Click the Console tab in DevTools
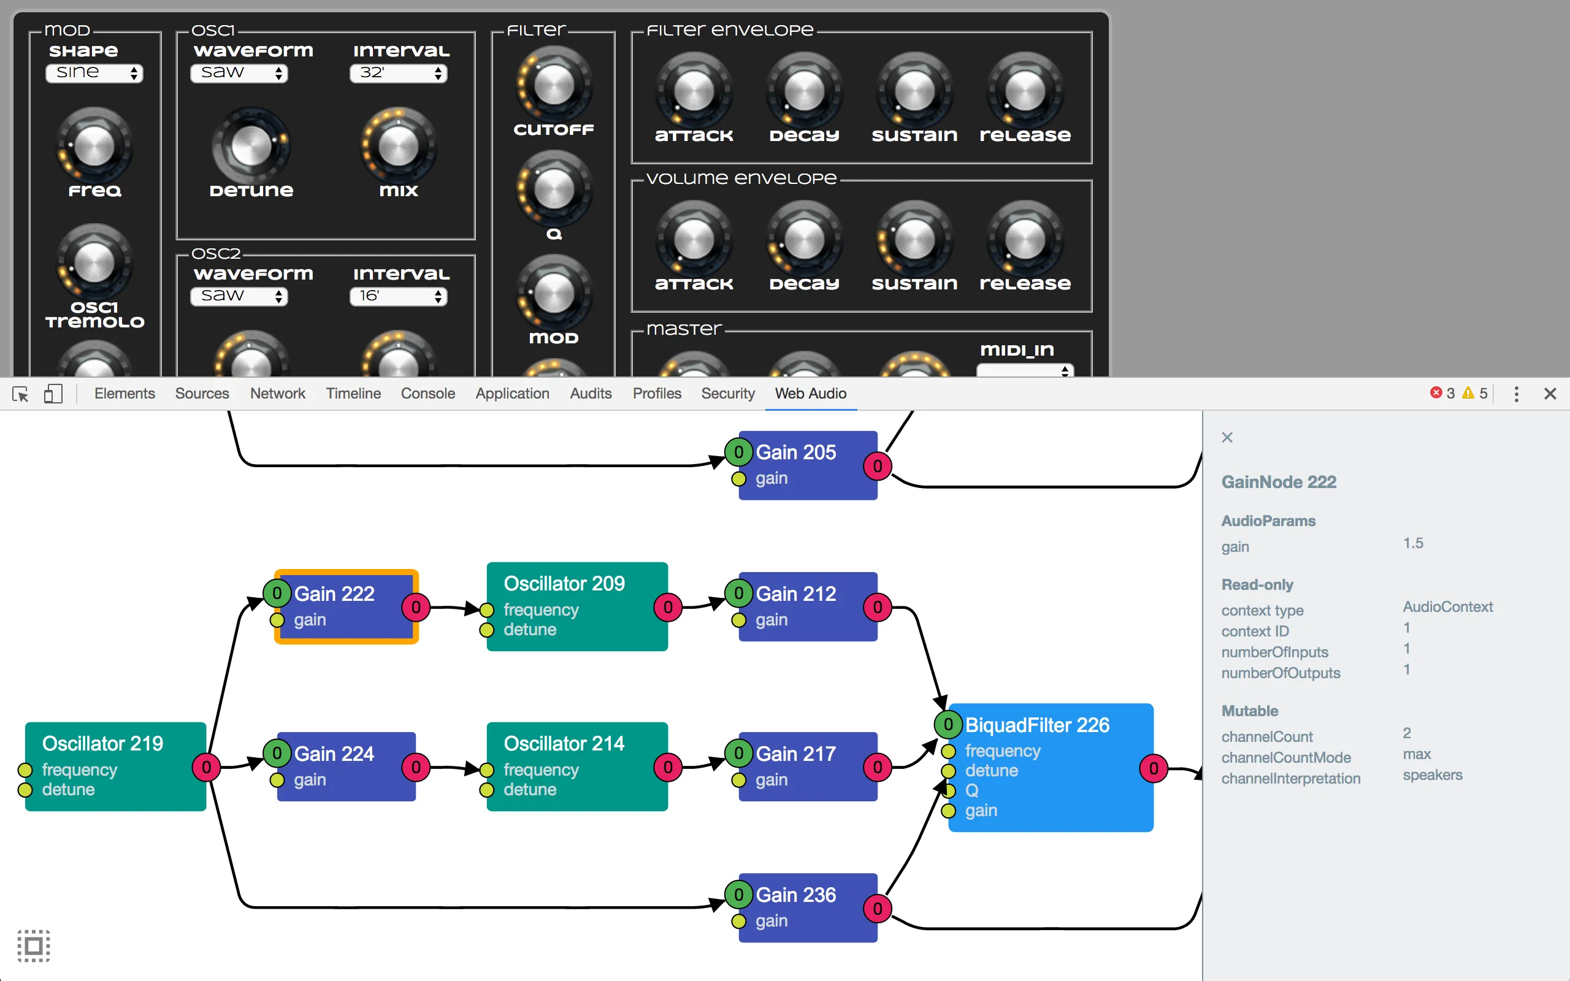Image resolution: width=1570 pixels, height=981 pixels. pyautogui.click(x=427, y=393)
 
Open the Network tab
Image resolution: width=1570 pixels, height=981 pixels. pyautogui.click(x=277, y=393)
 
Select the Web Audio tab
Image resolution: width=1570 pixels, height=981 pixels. pyautogui.click(x=810, y=393)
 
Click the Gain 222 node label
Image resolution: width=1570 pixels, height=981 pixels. pyautogui.click(x=334, y=594)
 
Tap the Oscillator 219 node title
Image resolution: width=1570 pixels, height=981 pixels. pyautogui.click(x=102, y=744)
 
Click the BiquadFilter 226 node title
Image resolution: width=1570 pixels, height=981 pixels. pyautogui.click(x=1036, y=725)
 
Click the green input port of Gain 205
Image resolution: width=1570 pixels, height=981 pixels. pyautogui.click(x=738, y=452)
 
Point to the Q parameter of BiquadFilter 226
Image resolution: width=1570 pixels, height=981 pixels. pyautogui.click(x=971, y=790)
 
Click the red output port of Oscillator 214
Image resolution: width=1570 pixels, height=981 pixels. pyautogui.click(x=668, y=767)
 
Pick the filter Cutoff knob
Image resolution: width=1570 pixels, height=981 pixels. pyautogui.click(x=554, y=86)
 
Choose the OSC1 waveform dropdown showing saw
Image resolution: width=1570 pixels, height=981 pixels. pyautogui.click(x=239, y=73)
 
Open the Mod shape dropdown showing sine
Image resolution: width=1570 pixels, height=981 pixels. pyautogui.click(x=94, y=73)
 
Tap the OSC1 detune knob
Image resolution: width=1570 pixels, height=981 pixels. pyautogui.click(x=251, y=146)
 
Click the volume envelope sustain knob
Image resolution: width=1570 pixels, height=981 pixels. pyautogui.click(x=914, y=239)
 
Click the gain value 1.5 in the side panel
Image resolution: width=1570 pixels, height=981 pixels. pyautogui.click(x=1413, y=543)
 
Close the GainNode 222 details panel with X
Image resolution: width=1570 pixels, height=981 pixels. pyautogui.click(x=1227, y=437)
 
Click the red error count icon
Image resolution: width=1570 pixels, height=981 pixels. pyautogui.click(x=1436, y=392)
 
